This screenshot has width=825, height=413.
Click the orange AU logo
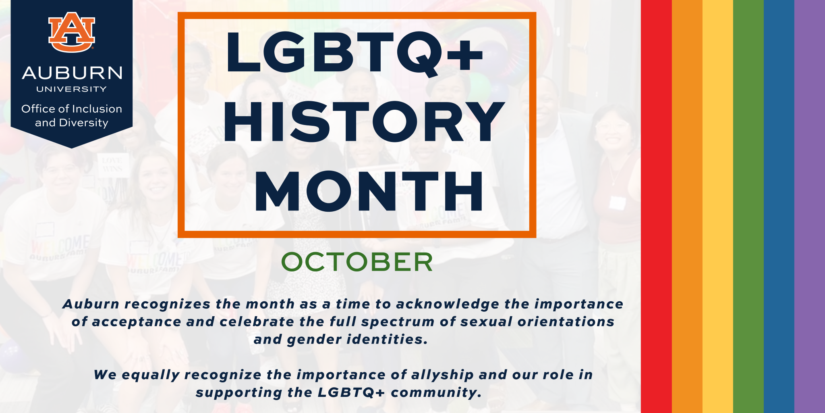point(72,32)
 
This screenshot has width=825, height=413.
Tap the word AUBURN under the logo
point(72,73)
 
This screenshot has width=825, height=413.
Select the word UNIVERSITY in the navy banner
point(72,89)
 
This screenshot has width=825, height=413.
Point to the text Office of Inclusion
point(72,109)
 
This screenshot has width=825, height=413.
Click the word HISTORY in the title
point(364,122)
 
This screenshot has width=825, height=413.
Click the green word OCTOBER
point(357,262)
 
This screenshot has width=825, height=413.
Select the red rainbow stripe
point(656,206)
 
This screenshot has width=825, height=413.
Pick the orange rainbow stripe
point(687,206)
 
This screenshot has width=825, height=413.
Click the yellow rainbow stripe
point(718,206)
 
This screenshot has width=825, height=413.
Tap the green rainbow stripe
point(748,206)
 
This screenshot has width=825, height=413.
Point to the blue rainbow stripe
point(779,206)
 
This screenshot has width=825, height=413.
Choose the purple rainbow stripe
point(810,206)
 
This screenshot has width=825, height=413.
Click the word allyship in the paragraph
point(442,375)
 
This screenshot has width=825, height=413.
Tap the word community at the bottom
point(436,393)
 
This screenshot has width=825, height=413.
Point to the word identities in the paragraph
point(387,339)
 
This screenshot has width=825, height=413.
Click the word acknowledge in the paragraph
point(447,304)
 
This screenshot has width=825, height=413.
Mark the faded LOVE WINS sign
point(112,165)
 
